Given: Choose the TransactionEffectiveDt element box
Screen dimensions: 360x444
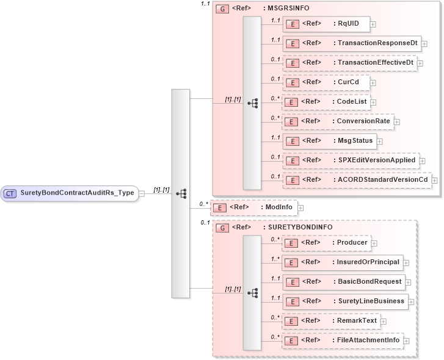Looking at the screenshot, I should [349, 63].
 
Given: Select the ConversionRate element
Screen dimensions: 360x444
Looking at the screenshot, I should [337, 121].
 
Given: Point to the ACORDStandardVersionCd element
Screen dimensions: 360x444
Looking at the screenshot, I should [357, 180].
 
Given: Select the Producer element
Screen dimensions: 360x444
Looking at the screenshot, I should [326, 243].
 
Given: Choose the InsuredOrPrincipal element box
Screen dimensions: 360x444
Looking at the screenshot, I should [341, 262].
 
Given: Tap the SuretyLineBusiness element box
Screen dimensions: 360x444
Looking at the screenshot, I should [344, 301].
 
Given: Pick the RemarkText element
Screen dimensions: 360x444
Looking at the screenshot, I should [330, 321].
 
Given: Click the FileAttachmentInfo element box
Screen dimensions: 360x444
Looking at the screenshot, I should [341, 340].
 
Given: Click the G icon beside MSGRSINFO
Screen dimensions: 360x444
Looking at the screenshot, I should [223, 9].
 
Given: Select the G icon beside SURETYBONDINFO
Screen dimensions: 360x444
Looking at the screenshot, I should [223, 228].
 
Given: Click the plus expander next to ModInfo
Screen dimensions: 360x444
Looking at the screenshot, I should [300, 208].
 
